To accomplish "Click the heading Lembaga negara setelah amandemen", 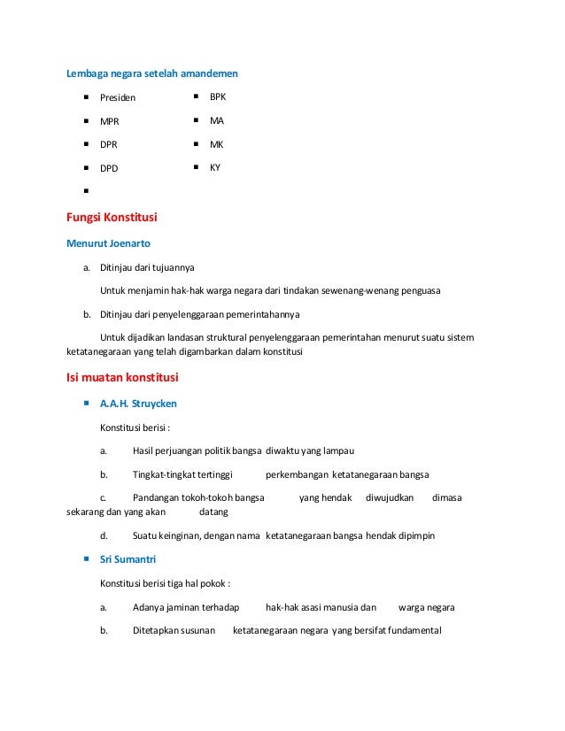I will [152, 73].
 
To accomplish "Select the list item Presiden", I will [118, 97].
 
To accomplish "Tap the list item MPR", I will [110, 121].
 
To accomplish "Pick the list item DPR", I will [109, 144].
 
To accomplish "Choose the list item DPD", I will [109, 168].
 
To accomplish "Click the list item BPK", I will [218, 96].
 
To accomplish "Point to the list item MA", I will [216, 119].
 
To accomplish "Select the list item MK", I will [216, 143].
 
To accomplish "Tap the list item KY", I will [215, 166].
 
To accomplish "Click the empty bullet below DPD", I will [87, 191].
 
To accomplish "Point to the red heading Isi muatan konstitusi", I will [123, 378].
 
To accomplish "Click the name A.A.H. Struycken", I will [138, 404].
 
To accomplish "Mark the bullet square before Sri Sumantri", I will [87, 559].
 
